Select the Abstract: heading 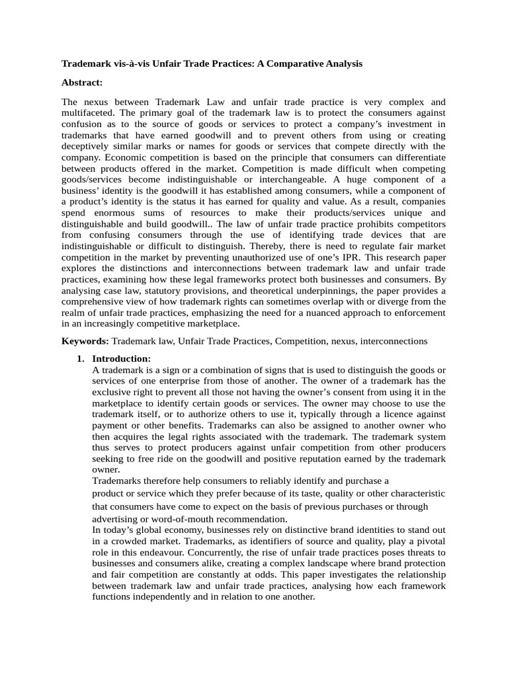tap(82, 83)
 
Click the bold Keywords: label tap(85, 341)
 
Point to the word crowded tap(132, 541)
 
